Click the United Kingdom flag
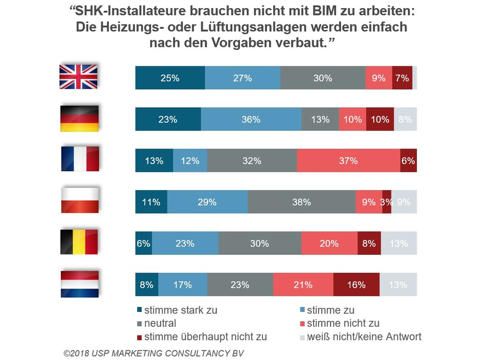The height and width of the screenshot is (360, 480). (x=79, y=77)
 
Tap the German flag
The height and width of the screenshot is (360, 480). (x=79, y=118)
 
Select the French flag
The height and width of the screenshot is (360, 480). (x=79, y=160)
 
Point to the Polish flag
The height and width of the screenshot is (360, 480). (x=79, y=201)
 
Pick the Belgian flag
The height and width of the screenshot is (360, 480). (x=79, y=243)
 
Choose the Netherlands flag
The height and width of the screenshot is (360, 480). (x=79, y=284)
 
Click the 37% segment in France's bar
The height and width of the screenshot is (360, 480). (x=348, y=160)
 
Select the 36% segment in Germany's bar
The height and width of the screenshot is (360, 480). (x=251, y=119)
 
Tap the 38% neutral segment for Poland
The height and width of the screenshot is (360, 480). (x=301, y=202)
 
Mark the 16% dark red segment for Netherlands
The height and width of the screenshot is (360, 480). (x=356, y=284)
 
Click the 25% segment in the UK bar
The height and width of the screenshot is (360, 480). (x=170, y=78)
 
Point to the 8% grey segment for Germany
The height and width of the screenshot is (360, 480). (x=405, y=119)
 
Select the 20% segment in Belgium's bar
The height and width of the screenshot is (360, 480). (x=329, y=243)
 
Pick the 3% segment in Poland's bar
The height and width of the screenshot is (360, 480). (x=387, y=202)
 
